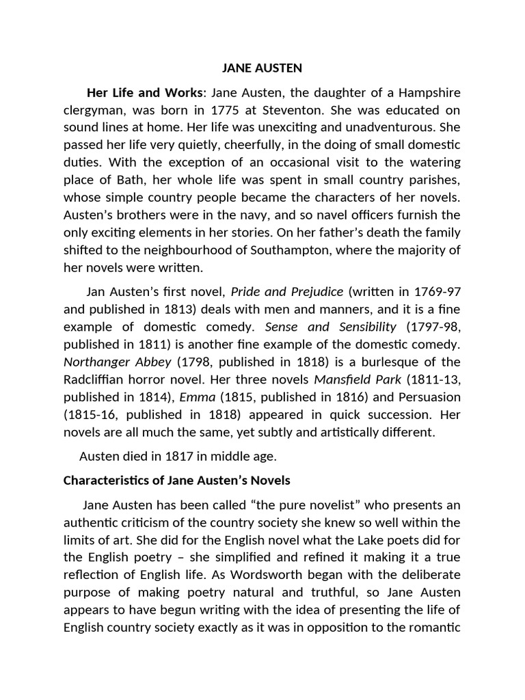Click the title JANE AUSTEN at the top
click(x=262, y=68)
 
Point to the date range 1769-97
click(x=435, y=292)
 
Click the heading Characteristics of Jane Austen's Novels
click(x=176, y=481)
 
